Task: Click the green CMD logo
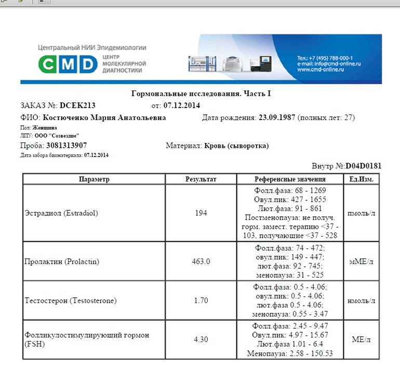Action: tap(68, 64)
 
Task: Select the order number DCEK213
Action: tap(77, 106)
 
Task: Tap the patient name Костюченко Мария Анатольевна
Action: tap(104, 118)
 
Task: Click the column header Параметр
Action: tap(94, 179)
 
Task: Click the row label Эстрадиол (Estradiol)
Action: tap(61, 213)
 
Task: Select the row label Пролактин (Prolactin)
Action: tap(62, 261)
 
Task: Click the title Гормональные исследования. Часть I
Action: tap(201, 94)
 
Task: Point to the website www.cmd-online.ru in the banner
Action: tap(321, 70)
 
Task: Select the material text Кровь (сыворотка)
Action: tap(236, 146)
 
